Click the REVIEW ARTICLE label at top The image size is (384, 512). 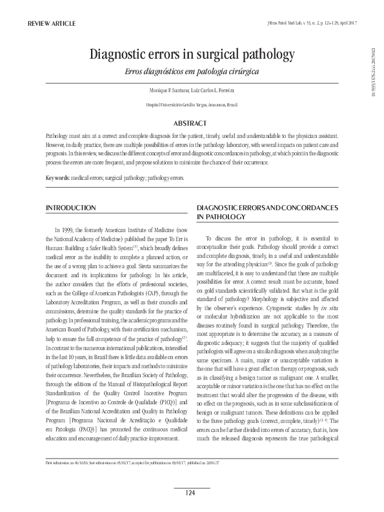tap(47, 24)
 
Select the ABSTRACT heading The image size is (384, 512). tap(191, 123)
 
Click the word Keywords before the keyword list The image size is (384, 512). tap(56, 177)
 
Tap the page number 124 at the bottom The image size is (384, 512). tap(190, 493)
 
